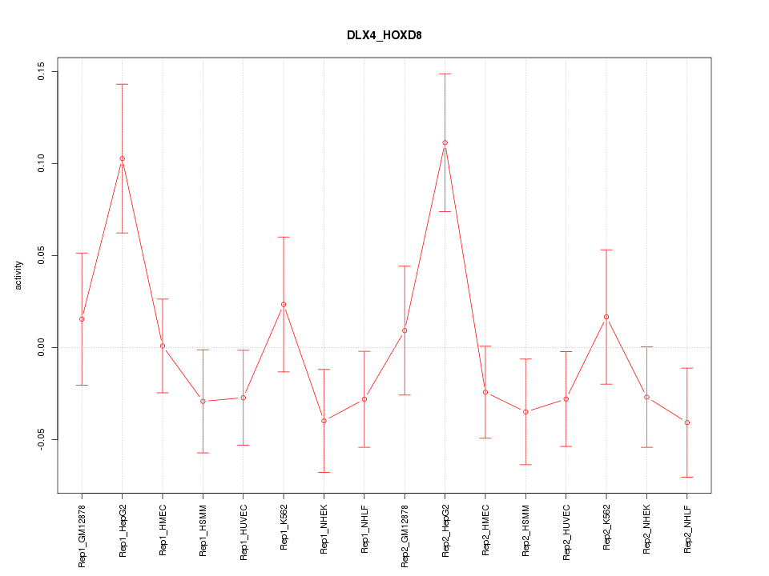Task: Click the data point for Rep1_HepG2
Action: (122, 158)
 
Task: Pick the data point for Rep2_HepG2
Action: (445, 142)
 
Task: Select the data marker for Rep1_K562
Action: (284, 304)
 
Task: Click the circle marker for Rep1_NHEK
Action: (324, 421)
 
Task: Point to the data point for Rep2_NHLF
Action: (686, 422)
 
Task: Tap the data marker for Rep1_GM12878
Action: (82, 319)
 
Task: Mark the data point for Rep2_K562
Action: (606, 317)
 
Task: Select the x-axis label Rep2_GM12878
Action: (405, 531)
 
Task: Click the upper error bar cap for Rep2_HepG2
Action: (445, 74)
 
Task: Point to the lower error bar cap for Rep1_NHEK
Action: (324, 472)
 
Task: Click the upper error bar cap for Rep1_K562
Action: (284, 237)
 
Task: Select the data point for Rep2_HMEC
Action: (485, 392)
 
